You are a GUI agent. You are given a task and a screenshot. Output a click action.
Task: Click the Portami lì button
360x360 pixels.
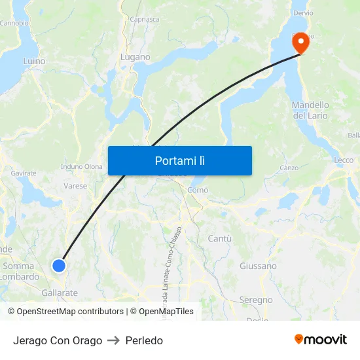pyautogui.click(x=180, y=160)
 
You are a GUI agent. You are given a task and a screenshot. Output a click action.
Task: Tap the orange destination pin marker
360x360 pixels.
pyautogui.click(x=301, y=43)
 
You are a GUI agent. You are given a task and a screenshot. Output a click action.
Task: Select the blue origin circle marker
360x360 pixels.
pyautogui.click(x=59, y=265)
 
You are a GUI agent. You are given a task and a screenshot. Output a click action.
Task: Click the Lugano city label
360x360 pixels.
pyautogui.click(x=135, y=57)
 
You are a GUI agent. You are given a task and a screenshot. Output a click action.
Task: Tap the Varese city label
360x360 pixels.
pyautogui.click(x=75, y=186)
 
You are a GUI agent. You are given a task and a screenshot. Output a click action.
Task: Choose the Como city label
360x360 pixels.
pyautogui.click(x=198, y=190)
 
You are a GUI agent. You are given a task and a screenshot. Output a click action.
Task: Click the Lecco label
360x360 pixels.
pyautogui.click(x=343, y=160)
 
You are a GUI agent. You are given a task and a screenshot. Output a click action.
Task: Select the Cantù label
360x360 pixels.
pyautogui.click(x=219, y=239)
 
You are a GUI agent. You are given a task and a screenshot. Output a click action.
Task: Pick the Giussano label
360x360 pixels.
pyautogui.click(x=258, y=266)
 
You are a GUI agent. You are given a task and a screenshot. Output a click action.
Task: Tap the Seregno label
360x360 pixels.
pyautogui.click(x=256, y=300)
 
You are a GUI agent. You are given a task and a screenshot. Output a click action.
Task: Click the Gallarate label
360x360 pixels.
pyautogui.click(x=59, y=293)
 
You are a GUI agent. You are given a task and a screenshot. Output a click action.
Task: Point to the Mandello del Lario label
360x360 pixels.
pyautogui.click(x=310, y=110)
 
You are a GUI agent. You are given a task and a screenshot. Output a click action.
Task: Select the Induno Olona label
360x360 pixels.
pyautogui.click(x=82, y=167)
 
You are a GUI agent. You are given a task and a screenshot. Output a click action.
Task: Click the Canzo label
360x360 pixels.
pyautogui.click(x=289, y=168)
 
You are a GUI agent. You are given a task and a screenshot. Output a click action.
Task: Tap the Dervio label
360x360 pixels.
pyautogui.click(x=303, y=13)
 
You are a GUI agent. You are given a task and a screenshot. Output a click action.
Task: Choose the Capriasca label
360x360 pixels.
pyautogui.click(x=144, y=20)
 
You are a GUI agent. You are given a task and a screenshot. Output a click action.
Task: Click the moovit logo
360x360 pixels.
pyautogui.click(x=320, y=339)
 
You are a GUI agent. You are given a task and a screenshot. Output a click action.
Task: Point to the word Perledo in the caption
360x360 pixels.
pyautogui.click(x=144, y=340)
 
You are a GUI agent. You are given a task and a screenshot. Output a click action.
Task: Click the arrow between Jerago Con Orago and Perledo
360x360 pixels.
pyautogui.click(x=114, y=340)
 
